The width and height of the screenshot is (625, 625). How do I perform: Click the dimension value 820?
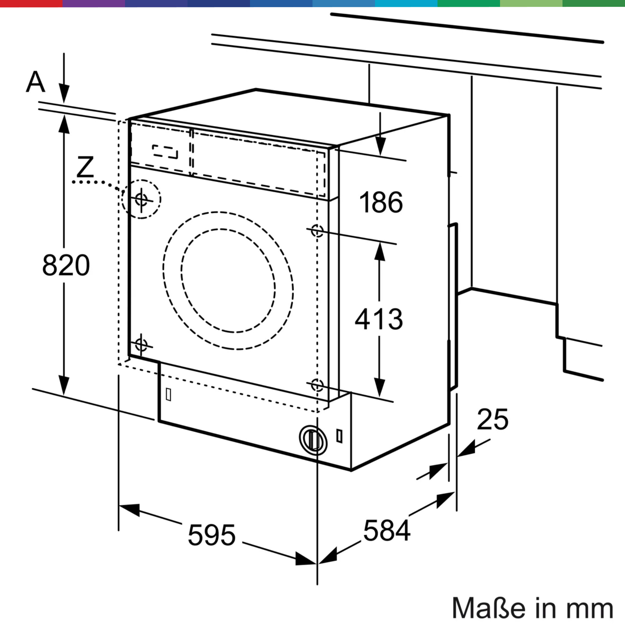click(66, 265)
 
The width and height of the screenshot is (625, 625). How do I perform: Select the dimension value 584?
click(387, 530)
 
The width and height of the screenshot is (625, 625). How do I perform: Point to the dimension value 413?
click(379, 319)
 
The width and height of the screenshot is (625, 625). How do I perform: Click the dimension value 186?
click(381, 202)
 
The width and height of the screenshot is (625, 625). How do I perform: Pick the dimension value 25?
click(492, 420)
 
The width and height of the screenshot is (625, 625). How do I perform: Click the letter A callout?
click(35, 82)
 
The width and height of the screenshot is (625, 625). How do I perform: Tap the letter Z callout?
click(85, 167)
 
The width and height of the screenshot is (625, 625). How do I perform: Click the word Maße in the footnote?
click(488, 608)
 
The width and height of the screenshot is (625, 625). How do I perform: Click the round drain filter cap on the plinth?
click(313, 440)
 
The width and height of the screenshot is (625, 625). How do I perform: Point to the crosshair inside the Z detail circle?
click(141, 199)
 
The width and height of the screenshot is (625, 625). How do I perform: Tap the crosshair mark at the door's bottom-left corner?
click(141, 344)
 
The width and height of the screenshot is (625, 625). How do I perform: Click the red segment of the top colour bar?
click(31, 3)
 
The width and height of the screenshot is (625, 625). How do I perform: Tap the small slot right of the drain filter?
click(339, 436)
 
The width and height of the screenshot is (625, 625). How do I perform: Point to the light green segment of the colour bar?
click(531, 3)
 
